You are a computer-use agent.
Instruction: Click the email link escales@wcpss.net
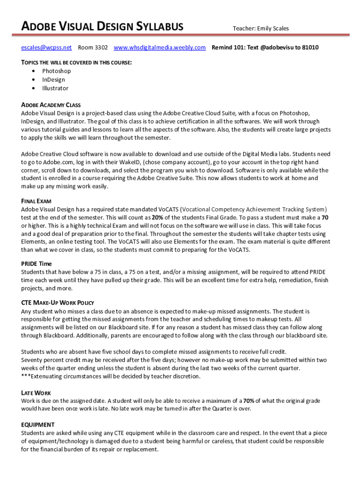46,48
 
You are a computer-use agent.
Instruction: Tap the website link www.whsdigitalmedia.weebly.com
159,48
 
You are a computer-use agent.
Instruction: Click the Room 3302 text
93,48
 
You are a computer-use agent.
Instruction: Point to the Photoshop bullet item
56,71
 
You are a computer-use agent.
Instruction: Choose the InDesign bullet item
53,80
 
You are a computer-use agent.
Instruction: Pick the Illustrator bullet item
55,88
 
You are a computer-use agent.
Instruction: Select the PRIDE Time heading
36,264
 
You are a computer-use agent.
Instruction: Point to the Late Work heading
36,393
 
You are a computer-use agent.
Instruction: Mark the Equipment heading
38,425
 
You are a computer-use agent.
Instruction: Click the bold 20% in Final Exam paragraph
157,218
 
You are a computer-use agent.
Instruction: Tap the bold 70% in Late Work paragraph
249,401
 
